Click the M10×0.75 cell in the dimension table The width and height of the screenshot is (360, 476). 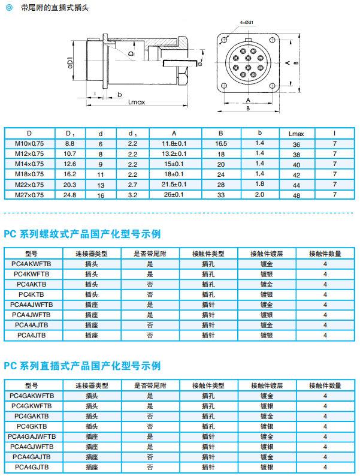point(29,143)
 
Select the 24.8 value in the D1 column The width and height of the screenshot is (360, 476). point(69,194)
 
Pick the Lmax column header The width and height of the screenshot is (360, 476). point(296,133)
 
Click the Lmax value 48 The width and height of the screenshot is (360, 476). point(296,194)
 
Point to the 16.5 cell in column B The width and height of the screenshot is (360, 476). point(221,143)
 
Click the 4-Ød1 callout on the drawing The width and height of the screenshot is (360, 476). point(247,22)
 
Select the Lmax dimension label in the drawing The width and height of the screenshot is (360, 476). point(137,102)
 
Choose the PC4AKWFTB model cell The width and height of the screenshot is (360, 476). point(31,263)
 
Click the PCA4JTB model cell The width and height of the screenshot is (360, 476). point(31,335)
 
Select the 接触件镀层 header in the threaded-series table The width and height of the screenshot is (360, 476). point(267,254)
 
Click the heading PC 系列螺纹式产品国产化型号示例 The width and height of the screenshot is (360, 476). point(83,234)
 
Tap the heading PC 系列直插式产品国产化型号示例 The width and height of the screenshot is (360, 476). point(83,366)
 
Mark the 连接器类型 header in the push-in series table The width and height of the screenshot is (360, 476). point(92,385)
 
